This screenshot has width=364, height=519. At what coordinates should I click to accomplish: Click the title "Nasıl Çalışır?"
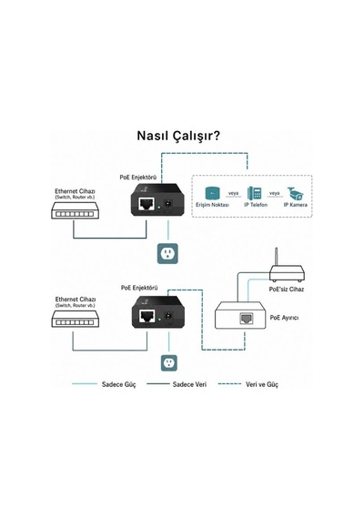(178, 136)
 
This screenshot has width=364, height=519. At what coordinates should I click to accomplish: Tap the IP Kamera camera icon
(296, 193)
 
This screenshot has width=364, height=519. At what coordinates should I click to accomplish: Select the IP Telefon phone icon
(255, 193)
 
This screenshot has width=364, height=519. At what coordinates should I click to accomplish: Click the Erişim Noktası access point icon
(212, 193)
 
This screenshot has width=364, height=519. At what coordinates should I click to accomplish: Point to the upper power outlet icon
(167, 253)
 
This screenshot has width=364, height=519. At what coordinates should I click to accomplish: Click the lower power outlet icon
(169, 362)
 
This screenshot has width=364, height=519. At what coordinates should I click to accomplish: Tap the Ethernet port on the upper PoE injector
(147, 204)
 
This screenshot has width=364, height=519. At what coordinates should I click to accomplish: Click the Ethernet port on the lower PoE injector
(147, 316)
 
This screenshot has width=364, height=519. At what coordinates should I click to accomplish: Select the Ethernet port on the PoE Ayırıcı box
(247, 319)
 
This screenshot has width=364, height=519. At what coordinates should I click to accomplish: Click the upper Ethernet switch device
(76, 210)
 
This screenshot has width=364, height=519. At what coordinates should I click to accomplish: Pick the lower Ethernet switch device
(76, 319)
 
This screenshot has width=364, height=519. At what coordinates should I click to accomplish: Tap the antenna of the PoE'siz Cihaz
(277, 257)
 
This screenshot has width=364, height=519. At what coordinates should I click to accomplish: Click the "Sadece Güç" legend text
(119, 384)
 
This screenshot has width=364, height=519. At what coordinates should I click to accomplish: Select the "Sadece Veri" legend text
(189, 384)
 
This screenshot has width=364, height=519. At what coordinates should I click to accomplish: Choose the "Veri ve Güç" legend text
(262, 384)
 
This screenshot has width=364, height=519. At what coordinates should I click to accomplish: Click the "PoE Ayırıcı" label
(284, 318)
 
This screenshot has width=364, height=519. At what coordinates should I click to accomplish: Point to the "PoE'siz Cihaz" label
(287, 290)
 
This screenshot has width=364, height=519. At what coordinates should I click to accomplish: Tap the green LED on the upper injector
(159, 208)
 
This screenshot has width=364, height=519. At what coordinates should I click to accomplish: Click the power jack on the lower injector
(169, 316)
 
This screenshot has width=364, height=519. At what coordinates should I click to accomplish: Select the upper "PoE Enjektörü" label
(138, 178)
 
